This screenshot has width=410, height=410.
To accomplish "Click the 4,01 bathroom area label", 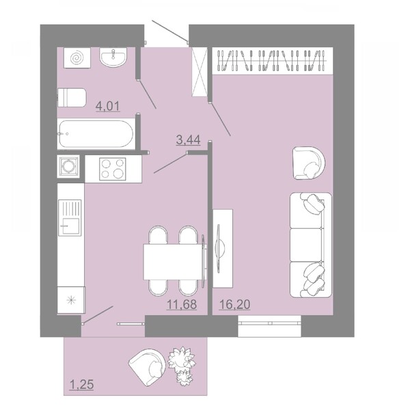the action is pos(108,107).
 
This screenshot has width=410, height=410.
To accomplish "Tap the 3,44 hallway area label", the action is pos(189,140).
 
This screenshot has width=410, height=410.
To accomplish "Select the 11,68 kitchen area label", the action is pos(182,304).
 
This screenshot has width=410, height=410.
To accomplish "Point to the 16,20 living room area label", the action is pos(234,304).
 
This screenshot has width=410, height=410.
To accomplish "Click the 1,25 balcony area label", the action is pos(81,385).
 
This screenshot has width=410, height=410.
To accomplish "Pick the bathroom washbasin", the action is pos(113,57).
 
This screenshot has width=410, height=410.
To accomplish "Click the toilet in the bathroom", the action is pos(71,98).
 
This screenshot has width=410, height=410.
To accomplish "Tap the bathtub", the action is pos(96,134).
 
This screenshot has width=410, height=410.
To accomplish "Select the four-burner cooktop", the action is pos(113,169).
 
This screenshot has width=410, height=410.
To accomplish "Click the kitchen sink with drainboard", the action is pos(70,217).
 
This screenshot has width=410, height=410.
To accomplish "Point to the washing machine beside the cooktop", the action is pos(68,166).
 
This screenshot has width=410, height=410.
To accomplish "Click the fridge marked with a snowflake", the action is pos(71,300).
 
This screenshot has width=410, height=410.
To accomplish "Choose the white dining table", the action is pos(174,262).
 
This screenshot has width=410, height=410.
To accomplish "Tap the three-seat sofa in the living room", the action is pos(311,245).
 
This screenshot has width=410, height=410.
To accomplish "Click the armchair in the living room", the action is pos(309,163).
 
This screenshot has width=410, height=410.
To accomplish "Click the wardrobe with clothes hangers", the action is pos(273,61).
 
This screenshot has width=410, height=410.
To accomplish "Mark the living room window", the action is pos(270,326).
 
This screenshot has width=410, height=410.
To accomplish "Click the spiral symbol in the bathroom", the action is pos(77,58).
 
